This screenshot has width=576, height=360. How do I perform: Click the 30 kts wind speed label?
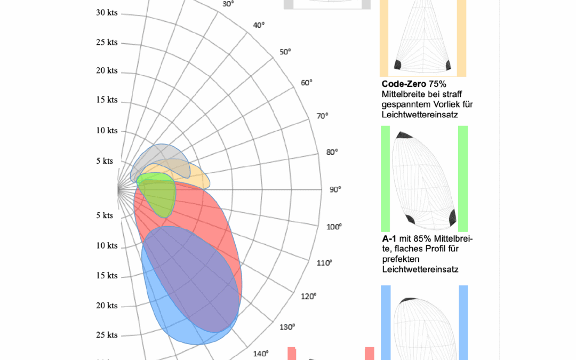click(107, 12)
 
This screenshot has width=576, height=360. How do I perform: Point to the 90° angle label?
click(335, 189)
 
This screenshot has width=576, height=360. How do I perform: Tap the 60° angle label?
click(306, 83)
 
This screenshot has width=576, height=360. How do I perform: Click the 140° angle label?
click(260, 353)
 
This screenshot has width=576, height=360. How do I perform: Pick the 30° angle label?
click(228, 4)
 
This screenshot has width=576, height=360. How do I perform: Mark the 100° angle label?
click(334, 227)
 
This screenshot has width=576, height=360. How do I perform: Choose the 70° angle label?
click(323, 116)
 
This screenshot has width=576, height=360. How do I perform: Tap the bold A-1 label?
click(389, 238)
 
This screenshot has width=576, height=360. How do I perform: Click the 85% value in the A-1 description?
click(423, 238)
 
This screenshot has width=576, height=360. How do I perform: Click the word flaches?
click(405, 249)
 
